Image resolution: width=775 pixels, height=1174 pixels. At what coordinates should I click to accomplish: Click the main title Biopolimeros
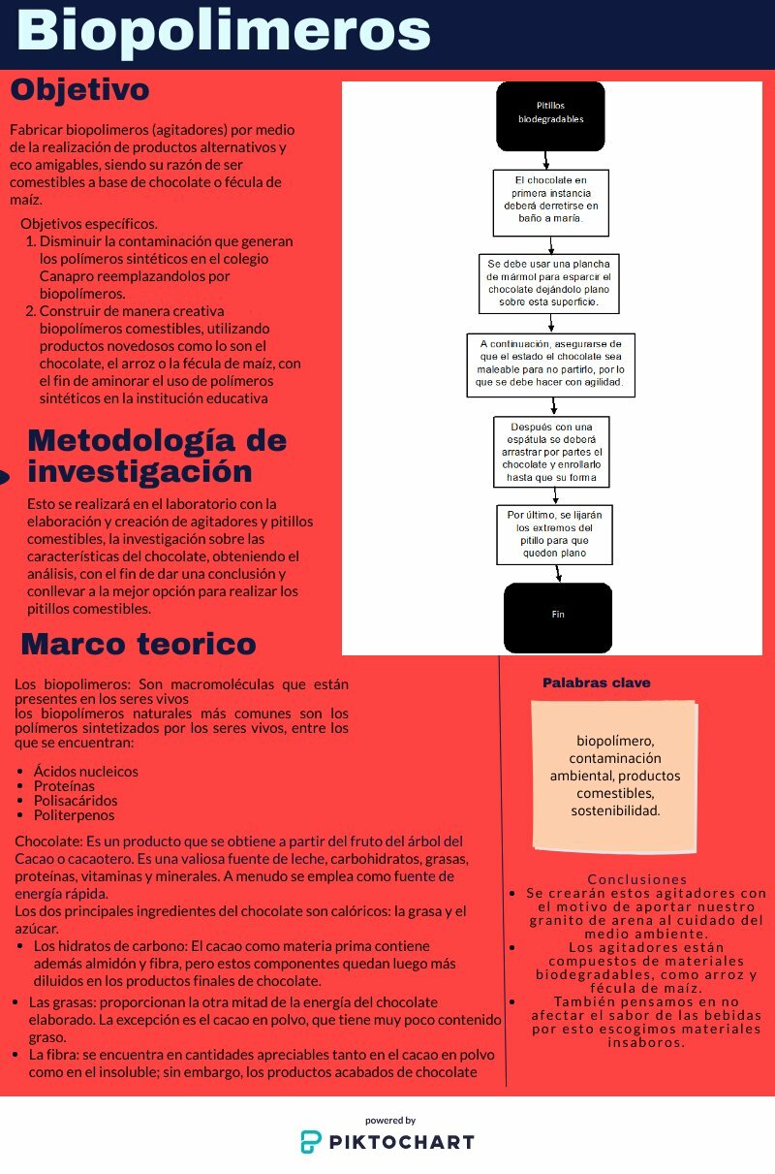[224, 32]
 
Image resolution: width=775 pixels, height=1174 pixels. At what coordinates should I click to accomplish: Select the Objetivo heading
[79, 90]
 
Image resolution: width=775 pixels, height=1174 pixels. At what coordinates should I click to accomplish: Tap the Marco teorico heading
[138, 644]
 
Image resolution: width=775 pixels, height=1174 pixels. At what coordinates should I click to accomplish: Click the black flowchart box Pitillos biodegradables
[550, 116]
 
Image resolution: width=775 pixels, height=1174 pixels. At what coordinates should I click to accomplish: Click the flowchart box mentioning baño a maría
[550, 203]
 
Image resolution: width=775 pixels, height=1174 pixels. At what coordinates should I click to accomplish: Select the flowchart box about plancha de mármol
[549, 282]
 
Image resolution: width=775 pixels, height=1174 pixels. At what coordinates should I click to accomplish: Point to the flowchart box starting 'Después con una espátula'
[550, 451]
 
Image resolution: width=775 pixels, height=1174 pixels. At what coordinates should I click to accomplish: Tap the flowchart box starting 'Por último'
[554, 534]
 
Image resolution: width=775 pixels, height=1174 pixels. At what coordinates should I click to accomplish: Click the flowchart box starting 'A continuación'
[550, 364]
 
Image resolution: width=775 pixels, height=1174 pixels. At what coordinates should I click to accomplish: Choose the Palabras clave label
[596, 683]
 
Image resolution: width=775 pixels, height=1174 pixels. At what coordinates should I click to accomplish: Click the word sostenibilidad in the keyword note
[615, 810]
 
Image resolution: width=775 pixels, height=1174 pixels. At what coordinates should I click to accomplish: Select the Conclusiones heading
[636, 879]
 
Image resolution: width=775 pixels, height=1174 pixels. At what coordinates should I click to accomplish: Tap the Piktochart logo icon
[311, 1141]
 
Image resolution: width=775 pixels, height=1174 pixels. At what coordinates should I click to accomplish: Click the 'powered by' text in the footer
[390, 1120]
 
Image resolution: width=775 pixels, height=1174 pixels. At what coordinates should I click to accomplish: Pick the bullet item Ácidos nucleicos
[85, 772]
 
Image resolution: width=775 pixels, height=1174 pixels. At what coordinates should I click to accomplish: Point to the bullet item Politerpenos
[74, 815]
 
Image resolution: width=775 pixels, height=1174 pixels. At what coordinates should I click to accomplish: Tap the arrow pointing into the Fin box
[558, 575]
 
